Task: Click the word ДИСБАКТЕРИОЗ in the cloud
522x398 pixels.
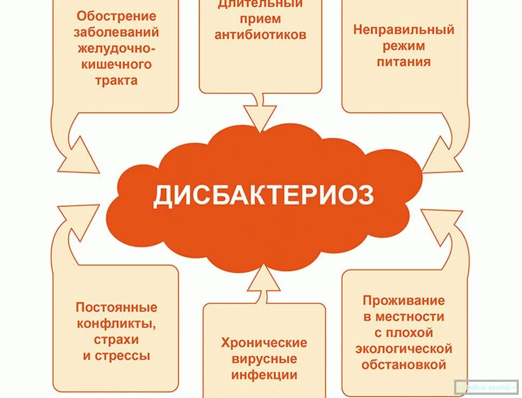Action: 263,195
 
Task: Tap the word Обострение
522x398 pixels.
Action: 116,16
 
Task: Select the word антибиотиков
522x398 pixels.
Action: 261,35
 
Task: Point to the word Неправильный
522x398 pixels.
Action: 403,30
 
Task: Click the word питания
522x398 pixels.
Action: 403,61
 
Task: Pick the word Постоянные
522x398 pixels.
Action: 116,307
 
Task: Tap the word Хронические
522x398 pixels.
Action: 264,342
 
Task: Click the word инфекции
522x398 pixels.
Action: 264,375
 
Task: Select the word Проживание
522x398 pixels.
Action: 403,300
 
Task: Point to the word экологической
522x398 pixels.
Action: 403,349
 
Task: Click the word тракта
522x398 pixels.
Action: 116,80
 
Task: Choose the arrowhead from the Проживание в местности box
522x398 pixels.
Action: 443,221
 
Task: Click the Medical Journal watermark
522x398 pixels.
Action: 486,387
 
